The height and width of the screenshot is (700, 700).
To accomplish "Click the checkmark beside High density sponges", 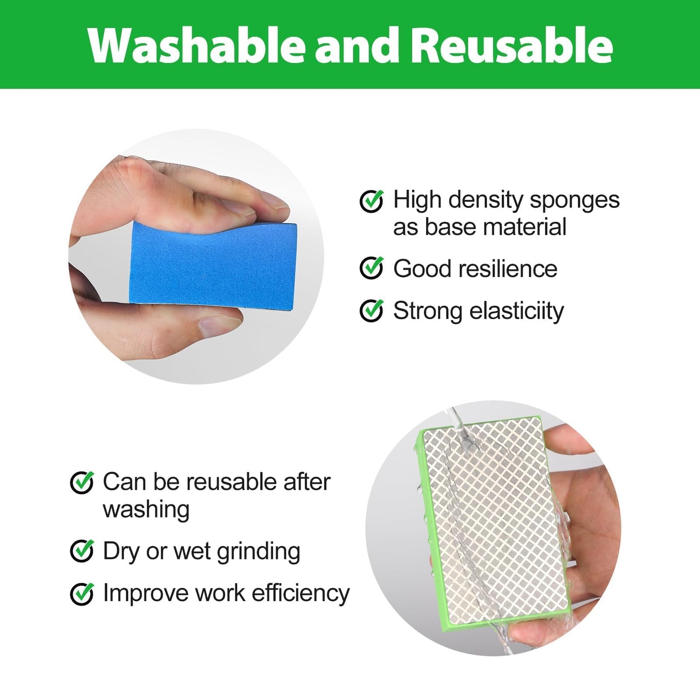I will [x=372, y=201].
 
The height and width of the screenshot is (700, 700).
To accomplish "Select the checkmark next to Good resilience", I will [x=372, y=268].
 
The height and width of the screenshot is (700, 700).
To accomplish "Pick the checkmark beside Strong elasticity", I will [x=372, y=311].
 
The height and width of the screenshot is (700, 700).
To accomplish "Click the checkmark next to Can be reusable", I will [x=82, y=482].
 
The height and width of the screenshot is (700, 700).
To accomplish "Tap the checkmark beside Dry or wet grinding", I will [x=82, y=551].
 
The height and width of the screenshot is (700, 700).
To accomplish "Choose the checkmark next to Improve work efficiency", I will [x=82, y=593].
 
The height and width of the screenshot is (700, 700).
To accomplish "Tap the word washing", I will [x=146, y=510].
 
